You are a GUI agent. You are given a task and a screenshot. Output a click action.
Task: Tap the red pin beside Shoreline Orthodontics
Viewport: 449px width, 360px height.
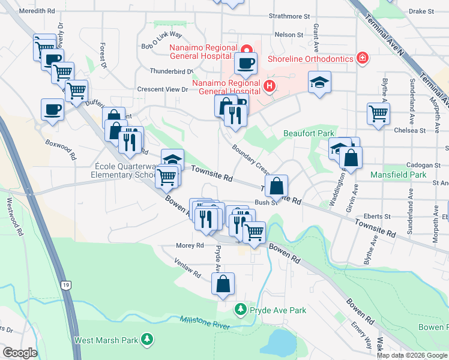[363, 58]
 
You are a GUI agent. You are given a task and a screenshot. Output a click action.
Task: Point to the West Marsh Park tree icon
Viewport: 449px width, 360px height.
[146, 340]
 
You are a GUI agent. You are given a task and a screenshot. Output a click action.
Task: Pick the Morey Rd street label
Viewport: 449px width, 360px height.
[190, 245]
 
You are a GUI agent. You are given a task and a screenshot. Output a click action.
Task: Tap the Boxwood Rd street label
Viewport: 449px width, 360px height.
[61, 150]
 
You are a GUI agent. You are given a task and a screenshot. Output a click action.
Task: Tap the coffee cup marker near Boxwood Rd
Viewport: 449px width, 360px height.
[52, 110]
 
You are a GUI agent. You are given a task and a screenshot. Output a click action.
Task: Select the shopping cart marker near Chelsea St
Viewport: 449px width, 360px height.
[378, 113]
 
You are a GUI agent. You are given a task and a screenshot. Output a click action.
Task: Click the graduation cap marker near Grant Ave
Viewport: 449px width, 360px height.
[319, 83]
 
